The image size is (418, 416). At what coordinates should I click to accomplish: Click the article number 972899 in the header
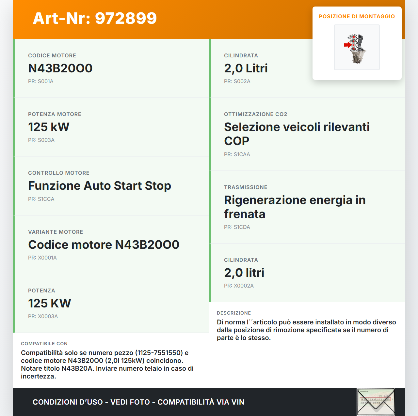coord(126,18)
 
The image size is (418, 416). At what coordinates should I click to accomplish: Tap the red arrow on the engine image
coord(347,45)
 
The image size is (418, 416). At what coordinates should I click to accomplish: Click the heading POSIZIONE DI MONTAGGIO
coord(357,16)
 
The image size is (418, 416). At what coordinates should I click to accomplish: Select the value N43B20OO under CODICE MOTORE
coord(60,68)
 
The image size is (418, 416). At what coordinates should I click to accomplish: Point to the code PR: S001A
coord(40,82)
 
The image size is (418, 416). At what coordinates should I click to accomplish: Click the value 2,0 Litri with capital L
coord(246,68)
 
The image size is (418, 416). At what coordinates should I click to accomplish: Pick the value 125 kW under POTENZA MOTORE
coord(49,127)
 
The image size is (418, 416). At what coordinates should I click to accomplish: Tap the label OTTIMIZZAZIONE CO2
coord(255,114)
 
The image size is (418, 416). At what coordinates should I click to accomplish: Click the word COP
coord(236,141)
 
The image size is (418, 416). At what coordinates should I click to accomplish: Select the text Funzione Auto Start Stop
coord(99,186)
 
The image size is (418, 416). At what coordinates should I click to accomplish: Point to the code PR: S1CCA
coord(41,199)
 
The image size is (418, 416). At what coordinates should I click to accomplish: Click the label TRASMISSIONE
coord(246,187)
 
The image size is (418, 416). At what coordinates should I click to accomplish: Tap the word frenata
coord(244,214)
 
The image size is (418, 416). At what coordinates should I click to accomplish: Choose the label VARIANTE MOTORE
coord(56,232)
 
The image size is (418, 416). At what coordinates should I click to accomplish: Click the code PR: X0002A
coord(239,286)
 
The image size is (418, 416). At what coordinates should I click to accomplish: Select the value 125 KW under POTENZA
coord(49,304)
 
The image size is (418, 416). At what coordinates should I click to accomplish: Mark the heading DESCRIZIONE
coord(234,313)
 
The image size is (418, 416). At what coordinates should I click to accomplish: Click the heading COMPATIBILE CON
coord(44,344)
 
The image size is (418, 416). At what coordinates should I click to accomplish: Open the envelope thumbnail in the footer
coord(376,402)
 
